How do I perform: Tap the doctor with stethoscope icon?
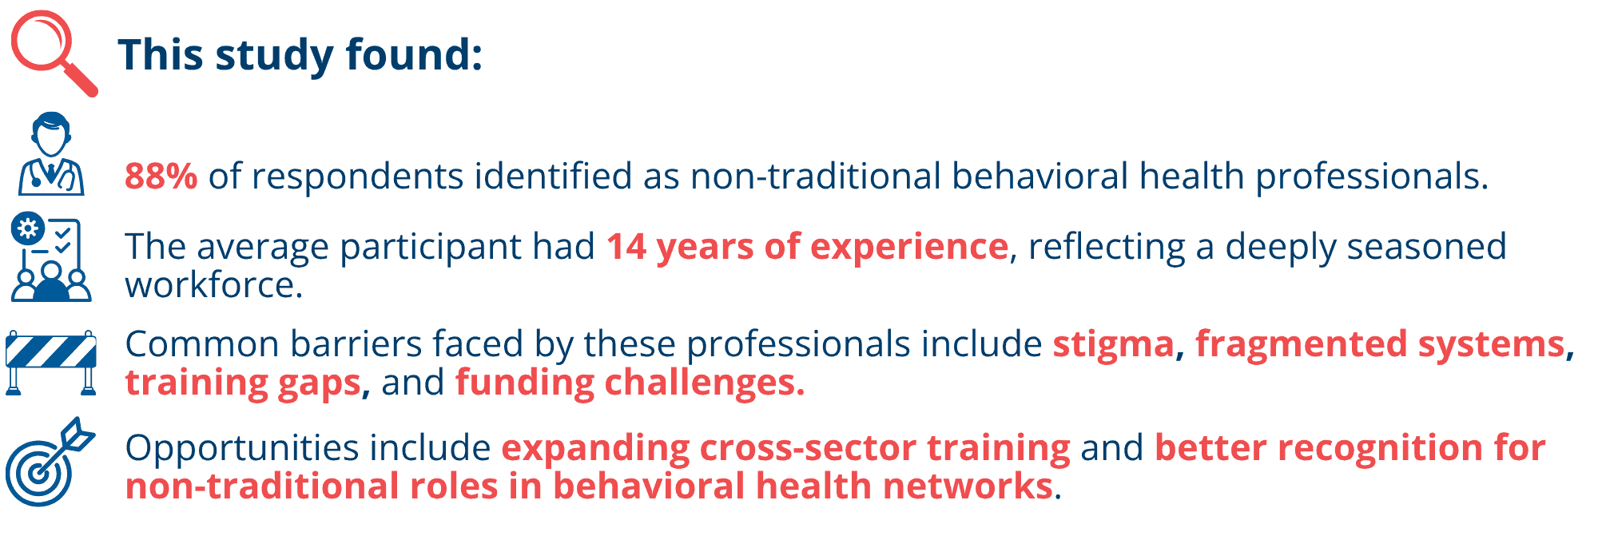(51, 153)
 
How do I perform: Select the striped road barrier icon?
(51, 363)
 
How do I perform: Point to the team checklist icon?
(50, 257)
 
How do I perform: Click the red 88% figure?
(161, 177)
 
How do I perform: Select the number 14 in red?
(626, 247)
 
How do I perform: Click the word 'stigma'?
(1113, 345)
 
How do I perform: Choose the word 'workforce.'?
(214, 285)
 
